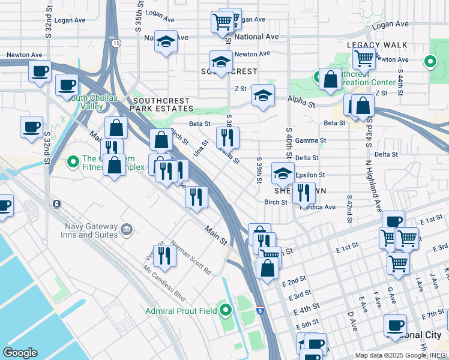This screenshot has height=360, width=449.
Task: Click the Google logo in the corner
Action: (20, 353)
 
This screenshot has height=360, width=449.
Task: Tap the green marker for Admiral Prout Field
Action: (226, 310)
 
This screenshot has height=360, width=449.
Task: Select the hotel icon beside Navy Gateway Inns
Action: (127, 229)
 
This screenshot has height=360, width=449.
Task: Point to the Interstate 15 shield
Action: (116, 43)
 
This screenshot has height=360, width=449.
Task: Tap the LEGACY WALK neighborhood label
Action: (378, 45)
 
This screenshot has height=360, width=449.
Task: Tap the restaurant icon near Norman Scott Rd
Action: (164, 255)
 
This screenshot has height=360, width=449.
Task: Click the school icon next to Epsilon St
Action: (283, 173)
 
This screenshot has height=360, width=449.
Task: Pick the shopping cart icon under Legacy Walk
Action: (364, 59)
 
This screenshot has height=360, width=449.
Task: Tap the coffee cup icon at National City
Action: (395, 325)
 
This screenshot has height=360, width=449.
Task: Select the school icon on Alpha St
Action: (263, 95)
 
